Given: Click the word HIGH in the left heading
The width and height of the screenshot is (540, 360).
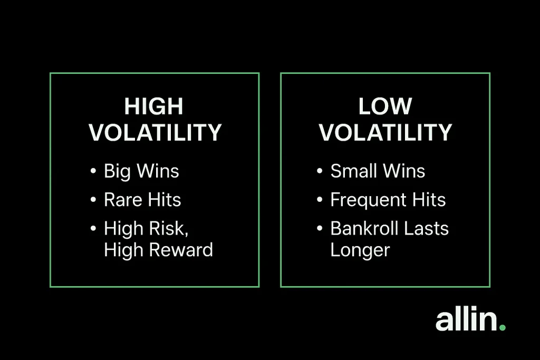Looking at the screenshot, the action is point(153,106).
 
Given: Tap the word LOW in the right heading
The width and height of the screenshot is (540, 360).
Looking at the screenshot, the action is point(385,106).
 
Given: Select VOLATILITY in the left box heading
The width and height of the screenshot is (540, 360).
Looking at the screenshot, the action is point(155,132).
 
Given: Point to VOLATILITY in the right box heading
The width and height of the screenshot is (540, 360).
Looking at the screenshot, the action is point(385,132).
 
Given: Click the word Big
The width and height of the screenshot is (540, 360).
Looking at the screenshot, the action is point(117,171).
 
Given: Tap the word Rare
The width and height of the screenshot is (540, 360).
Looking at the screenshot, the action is point(123,200).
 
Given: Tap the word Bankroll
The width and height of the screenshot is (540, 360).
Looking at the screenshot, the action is point(364,228).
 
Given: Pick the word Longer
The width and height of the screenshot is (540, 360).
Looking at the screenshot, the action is point(360,250).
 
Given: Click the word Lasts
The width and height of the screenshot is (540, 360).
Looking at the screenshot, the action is point(426,228).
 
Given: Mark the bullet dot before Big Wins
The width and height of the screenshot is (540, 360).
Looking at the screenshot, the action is point(93,171).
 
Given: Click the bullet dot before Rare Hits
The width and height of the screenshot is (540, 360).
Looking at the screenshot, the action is point(93,200).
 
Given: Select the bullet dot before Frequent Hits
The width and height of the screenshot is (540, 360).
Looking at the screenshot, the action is point(320,200).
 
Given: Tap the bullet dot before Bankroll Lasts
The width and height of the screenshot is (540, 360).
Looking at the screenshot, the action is point(320,228).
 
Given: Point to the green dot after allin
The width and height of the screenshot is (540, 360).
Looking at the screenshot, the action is point(502,327).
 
